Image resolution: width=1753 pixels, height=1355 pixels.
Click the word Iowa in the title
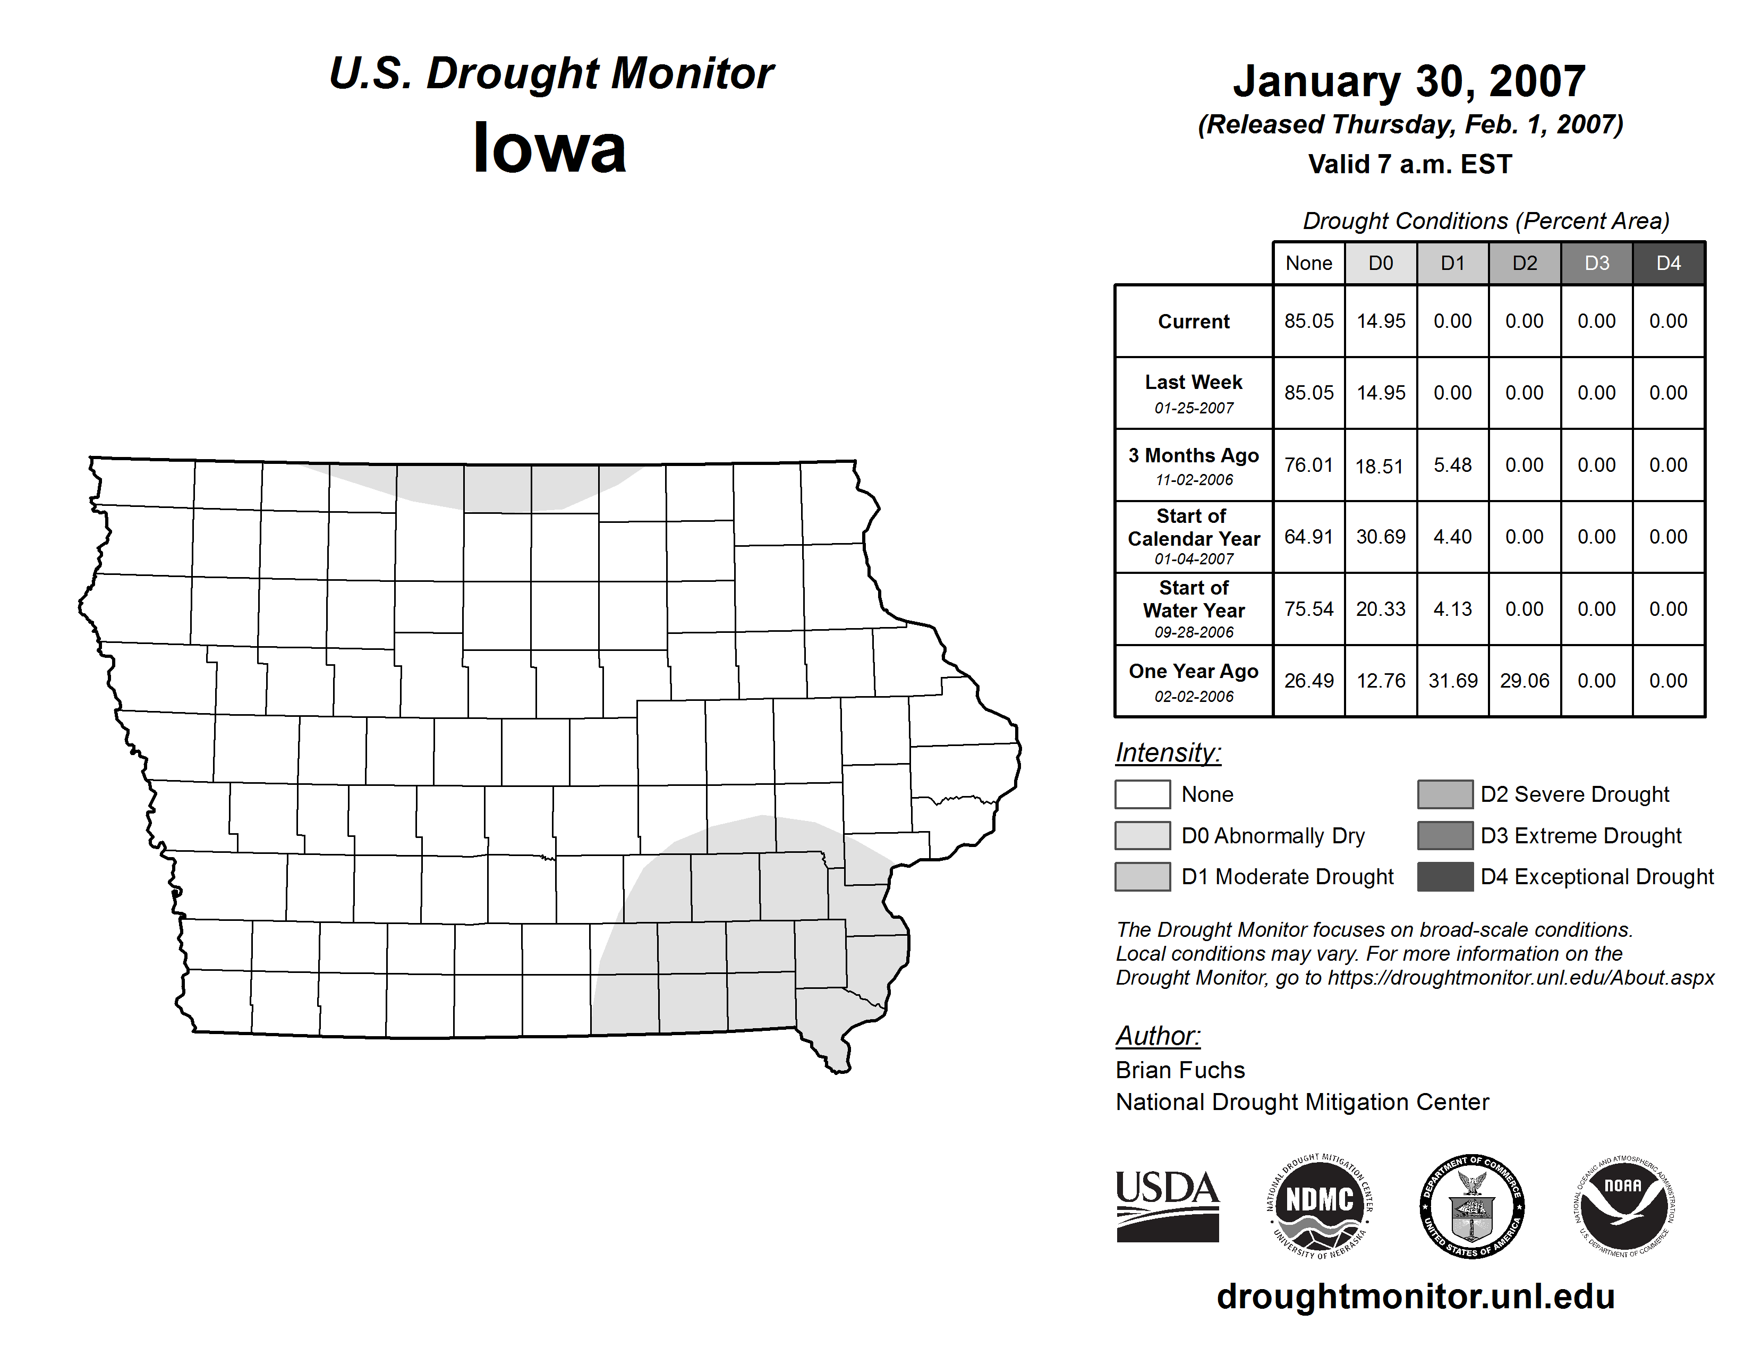[550, 148]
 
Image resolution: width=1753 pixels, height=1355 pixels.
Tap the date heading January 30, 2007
[1409, 81]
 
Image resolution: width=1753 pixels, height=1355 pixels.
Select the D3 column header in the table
[1596, 263]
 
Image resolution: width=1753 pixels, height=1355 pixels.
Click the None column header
[1308, 263]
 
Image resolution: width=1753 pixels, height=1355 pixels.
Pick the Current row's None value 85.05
[1308, 321]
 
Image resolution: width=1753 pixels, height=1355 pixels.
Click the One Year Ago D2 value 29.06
[1524, 681]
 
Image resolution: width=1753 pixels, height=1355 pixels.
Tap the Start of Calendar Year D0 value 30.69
[1381, 536]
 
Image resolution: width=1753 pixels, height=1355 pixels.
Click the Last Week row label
[1194, 383]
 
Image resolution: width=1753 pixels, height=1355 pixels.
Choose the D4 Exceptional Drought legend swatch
[1445, 877]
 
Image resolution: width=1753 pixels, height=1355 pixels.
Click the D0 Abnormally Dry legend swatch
[1142, 836]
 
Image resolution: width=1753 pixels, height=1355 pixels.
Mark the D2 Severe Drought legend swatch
[1445, 794]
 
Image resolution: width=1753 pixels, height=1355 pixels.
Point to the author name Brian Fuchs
[1180, 1070]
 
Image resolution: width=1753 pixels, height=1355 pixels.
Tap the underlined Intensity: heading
[1168, 753]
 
